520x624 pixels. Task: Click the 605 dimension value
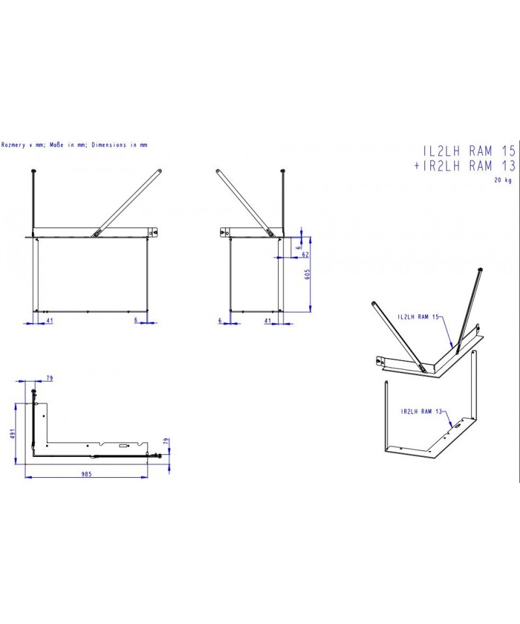point(307,274)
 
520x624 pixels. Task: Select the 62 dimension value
point(305,254)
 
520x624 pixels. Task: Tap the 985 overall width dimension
point(86,474)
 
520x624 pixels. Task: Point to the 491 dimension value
point(12,434)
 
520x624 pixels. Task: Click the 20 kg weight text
point(503,180)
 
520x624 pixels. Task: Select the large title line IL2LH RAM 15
point(469,151)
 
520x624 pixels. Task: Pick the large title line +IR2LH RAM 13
point(465,166)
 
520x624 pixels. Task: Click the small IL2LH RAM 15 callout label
point(418,317)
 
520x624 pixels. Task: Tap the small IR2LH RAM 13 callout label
point(422,411)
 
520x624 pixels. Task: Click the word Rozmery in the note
point(14,145)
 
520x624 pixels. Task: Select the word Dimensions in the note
point(109,145)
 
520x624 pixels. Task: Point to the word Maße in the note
point(57,145)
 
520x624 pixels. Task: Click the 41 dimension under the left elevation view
point(50,320)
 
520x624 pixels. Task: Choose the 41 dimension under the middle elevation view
point(268,320)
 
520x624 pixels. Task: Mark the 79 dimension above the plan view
point(49,378)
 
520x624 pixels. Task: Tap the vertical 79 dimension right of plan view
point(166,441)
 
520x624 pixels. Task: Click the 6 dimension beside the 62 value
point(299,248)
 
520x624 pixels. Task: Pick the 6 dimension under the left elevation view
point(136,320)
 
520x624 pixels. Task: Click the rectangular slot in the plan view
point(123,446)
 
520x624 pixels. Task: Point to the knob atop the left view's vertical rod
point(34,171)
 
